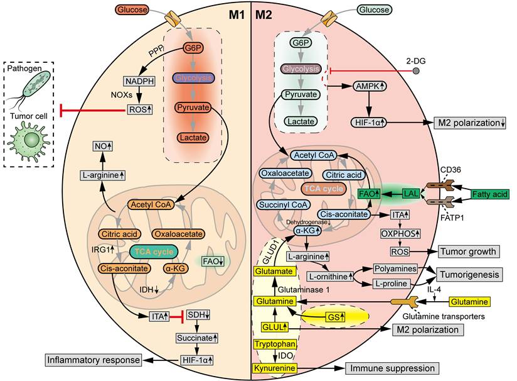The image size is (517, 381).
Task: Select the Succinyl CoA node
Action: (282, 204)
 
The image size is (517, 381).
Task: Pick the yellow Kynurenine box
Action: (275, 368)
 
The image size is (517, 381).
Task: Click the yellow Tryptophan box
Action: (275, 344)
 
